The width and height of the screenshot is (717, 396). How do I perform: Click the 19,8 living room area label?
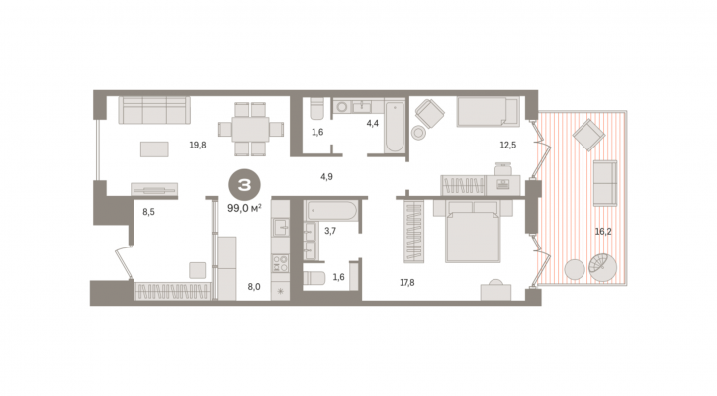[x=198, y=146]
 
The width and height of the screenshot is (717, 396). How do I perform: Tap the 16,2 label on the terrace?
[x=603, y=232]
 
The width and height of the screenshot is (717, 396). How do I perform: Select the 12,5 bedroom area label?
[x=507, y=146]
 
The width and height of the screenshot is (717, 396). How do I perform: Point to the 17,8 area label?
[x=407, y=283]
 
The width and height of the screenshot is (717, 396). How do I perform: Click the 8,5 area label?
[x=148, y=212]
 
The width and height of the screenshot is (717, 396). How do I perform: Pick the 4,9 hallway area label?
[x=326, y=176]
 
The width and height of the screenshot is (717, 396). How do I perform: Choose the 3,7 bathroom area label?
[x=330, y=231]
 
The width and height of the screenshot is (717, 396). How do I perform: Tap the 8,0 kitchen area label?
[x=254, y=287]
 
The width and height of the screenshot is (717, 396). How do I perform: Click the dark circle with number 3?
[x=244, y=185]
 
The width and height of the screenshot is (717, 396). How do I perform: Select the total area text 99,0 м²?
[x=244, y=208]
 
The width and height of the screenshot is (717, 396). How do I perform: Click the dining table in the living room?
[x=250, y=129]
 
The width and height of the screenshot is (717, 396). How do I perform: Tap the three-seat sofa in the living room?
[x=154, y=110]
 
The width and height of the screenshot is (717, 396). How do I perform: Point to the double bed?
[x=473, y=232]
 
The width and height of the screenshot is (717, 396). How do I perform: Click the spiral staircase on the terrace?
[x=602, y=268]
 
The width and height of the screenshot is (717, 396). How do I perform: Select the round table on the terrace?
[x=575, y=270]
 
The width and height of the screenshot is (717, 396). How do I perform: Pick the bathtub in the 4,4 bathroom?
[x=395, y=127]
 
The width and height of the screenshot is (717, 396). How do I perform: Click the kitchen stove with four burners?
[x=280, y=263]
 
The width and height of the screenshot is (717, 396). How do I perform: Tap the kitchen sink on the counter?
[x=280, y=226]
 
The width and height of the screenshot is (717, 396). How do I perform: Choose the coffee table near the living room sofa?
[x=154, y=149]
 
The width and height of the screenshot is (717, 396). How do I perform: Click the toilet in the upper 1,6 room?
[x=316, y=109]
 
